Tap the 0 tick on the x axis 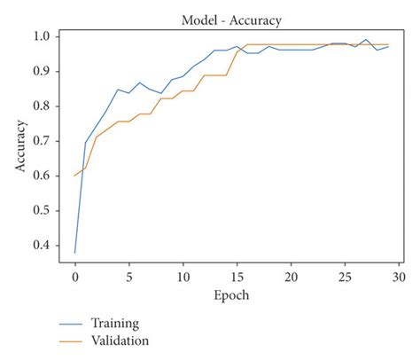(x=75, y=276)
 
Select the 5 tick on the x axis (x=129, y=276)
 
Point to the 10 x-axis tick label (x=183, y=276)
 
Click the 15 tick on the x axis (x=237, y=276)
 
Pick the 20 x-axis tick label (x=291, y=276)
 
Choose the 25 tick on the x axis (x=345, y=276)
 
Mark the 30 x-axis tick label (x=399, y=276)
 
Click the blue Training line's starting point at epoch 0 (x=75, y=253)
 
